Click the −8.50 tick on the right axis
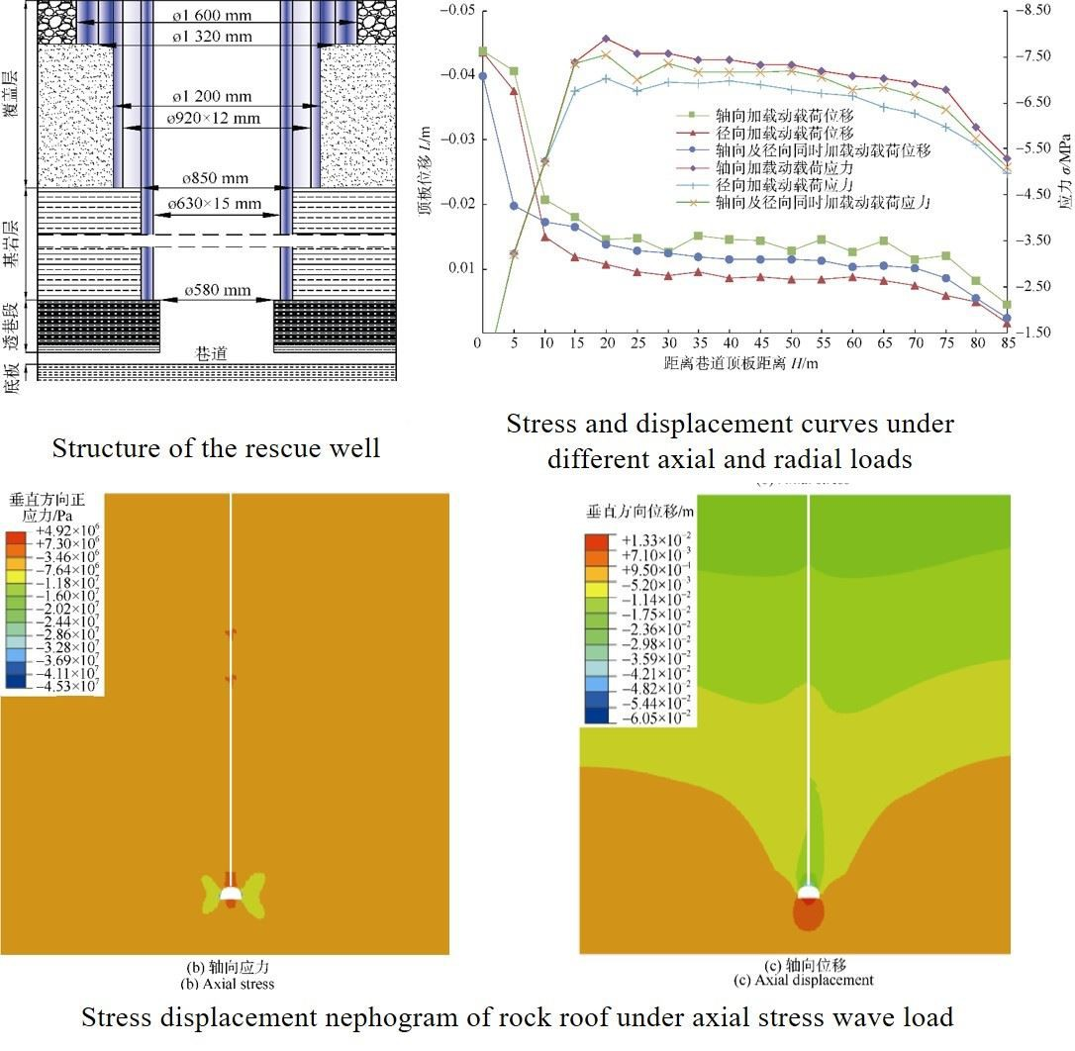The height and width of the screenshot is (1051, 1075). pyautogui.click(x=1040, y=10)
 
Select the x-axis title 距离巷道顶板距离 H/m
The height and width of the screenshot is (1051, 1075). pyautogui.click(x=741, y=363)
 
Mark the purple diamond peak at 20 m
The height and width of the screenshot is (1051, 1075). pyautogui.click(x=606, y=40)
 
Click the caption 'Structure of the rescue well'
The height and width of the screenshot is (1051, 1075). pyautogui.click(x=216, y=448)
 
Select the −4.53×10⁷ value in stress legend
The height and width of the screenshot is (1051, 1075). pyautogui.click(x=65, y=684)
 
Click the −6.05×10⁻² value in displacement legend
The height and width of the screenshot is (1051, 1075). pyautogui.click(x=652, y=717)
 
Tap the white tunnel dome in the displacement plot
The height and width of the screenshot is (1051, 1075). pyautogui.click(x=808, y=893)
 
